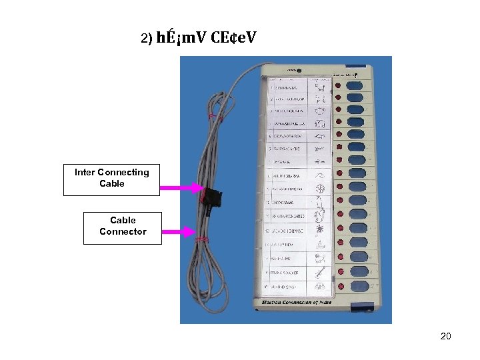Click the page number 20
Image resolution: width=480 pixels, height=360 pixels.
446,336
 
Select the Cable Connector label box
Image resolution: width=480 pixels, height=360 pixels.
123,227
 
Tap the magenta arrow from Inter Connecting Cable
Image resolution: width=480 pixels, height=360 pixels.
181,189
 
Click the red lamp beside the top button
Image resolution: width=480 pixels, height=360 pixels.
338,86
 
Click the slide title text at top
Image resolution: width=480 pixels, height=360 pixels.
198,38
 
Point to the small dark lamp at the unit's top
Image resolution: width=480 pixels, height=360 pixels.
299,69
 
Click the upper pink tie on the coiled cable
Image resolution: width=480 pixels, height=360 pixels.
213,117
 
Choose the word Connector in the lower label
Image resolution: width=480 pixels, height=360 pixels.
123,232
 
